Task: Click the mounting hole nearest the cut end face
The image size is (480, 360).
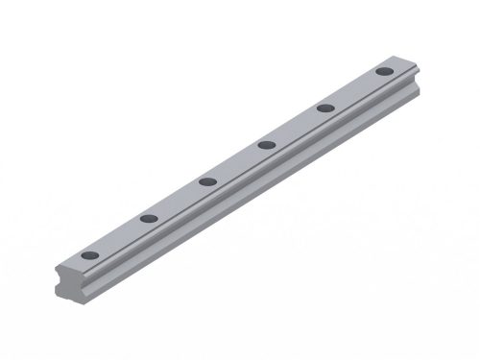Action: (89, 256)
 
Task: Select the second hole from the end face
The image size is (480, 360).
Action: (148, 219)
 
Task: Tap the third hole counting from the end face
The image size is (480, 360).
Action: (206, 180)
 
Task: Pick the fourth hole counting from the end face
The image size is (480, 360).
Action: (266, 145)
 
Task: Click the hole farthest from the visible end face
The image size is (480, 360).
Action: (384, 71)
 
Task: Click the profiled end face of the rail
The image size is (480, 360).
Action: (92, 288)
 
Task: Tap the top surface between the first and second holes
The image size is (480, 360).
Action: (119, 238)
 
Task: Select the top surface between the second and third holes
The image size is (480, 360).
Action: (178, 200)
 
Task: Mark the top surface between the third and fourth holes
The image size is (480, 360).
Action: (236, 163)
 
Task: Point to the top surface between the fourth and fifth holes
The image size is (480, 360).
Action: (296, 127)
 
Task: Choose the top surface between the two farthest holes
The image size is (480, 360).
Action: (354, 89)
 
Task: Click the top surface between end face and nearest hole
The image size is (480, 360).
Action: (75, 265)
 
